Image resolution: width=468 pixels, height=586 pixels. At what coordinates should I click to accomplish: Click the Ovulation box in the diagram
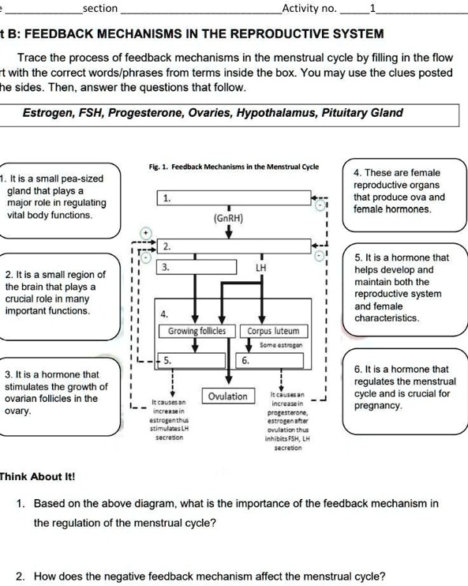(x=227, y=396)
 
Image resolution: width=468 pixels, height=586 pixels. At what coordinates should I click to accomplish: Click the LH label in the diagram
(x=260, y=269)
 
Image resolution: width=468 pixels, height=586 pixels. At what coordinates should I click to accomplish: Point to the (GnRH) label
(x=229, y=216)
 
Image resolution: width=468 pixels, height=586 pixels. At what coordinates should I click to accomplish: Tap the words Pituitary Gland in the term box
(x=363, y=113)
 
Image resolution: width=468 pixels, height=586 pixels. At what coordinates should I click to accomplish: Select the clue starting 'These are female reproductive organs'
(x=399, y=190)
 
